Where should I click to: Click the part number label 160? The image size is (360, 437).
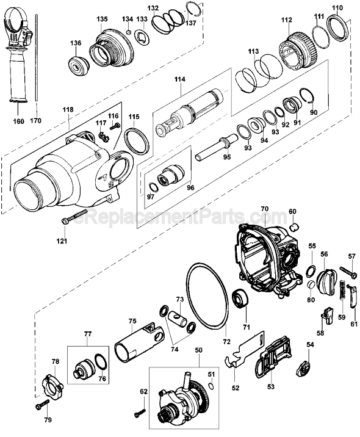(19, 121)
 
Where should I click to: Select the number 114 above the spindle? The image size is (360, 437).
(180, 79)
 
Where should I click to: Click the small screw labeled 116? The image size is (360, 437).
(115, 126)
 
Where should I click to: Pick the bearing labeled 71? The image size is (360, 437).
(241, 298)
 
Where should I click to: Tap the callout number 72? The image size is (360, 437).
(227, 341)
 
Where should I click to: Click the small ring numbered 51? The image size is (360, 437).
(212, 386)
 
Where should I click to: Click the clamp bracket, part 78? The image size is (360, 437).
(52, 385)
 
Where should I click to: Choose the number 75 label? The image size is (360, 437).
(132, 321)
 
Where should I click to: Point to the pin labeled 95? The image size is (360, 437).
(217, 147)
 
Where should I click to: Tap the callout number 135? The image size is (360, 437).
(102, 20)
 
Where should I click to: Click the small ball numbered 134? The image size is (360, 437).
(128, 32)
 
